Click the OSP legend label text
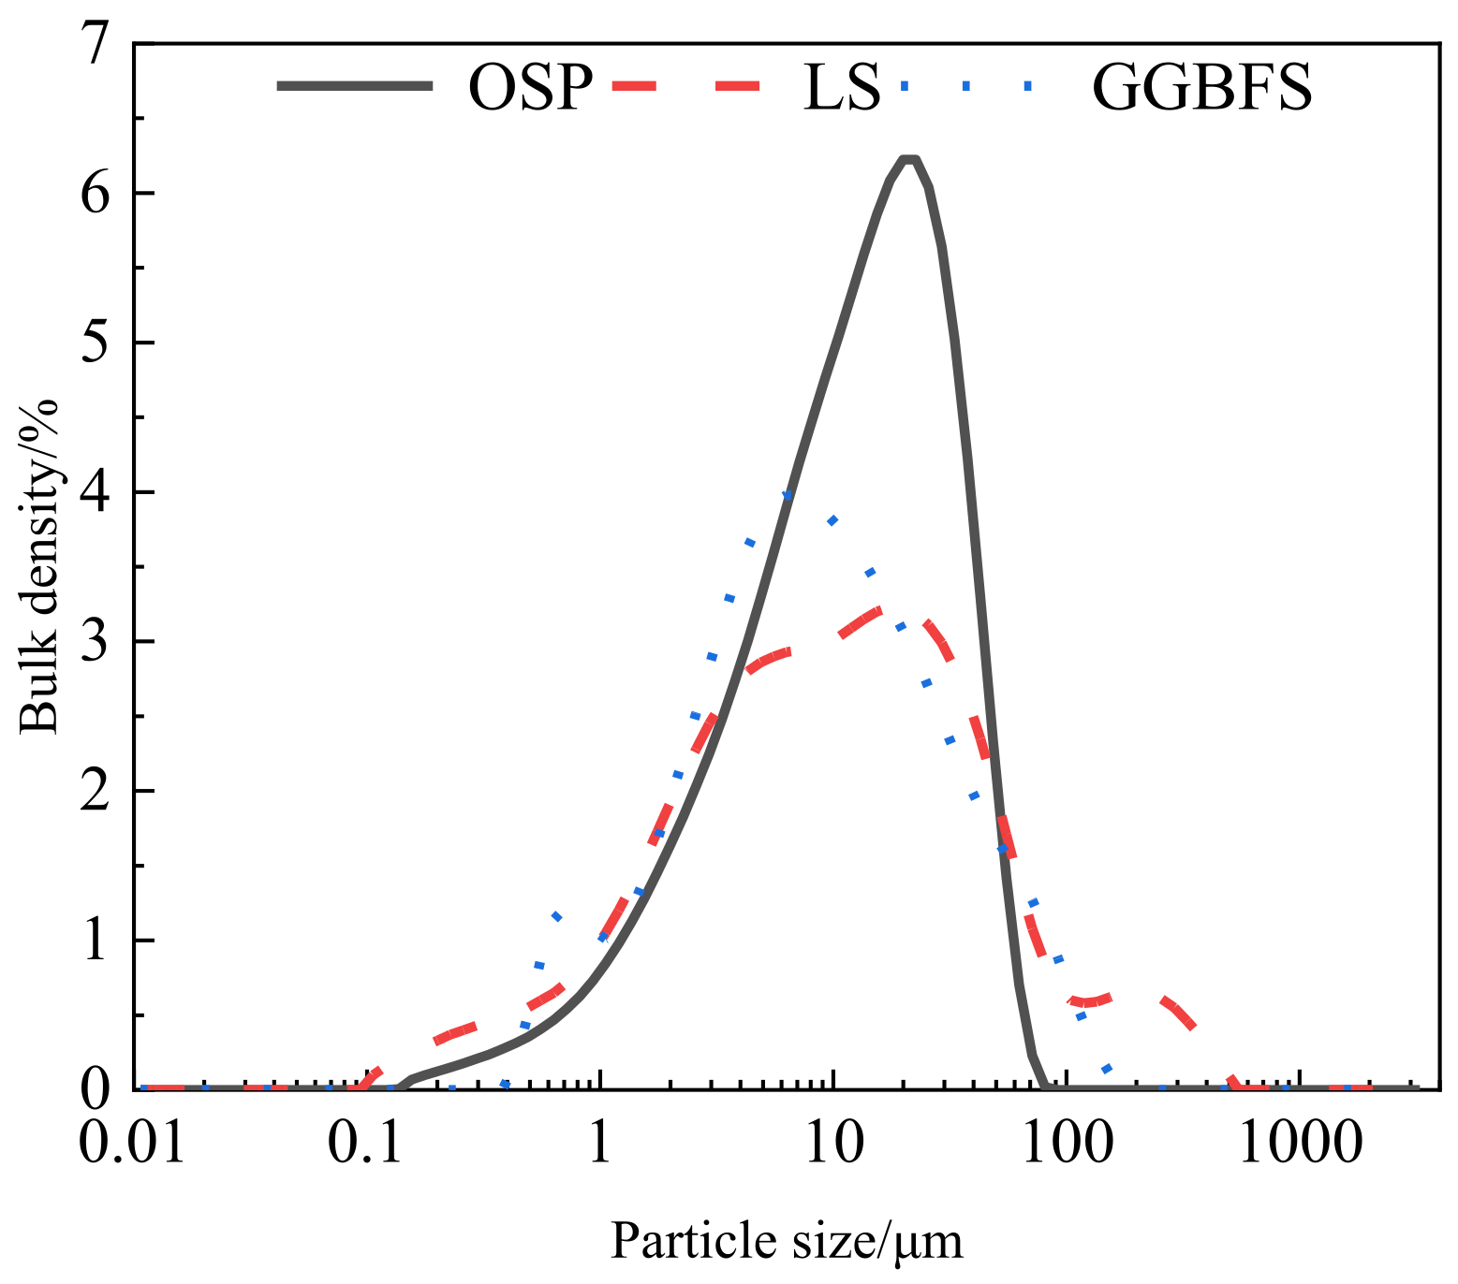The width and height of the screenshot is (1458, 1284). [x=530, y=88]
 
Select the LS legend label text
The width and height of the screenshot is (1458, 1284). [x=841, y=88]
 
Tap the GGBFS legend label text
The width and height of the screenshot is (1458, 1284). [x=1202, y=88]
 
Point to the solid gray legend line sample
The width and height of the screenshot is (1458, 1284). [x=355, y=86]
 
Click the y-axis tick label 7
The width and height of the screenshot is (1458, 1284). [x=97, y=44]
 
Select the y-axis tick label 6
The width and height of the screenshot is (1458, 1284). [x=97, y=193]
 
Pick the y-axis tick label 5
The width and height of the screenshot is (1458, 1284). [x=97, y=343]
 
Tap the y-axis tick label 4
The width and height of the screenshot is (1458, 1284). [x=97, y=492]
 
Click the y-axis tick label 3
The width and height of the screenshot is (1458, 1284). [x=97, y=642]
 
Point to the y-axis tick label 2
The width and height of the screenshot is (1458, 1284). [x=97, y=791]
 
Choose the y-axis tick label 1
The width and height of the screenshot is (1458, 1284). [x=97, y=941]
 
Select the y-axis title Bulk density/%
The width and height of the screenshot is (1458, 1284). [x=39, y=565]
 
